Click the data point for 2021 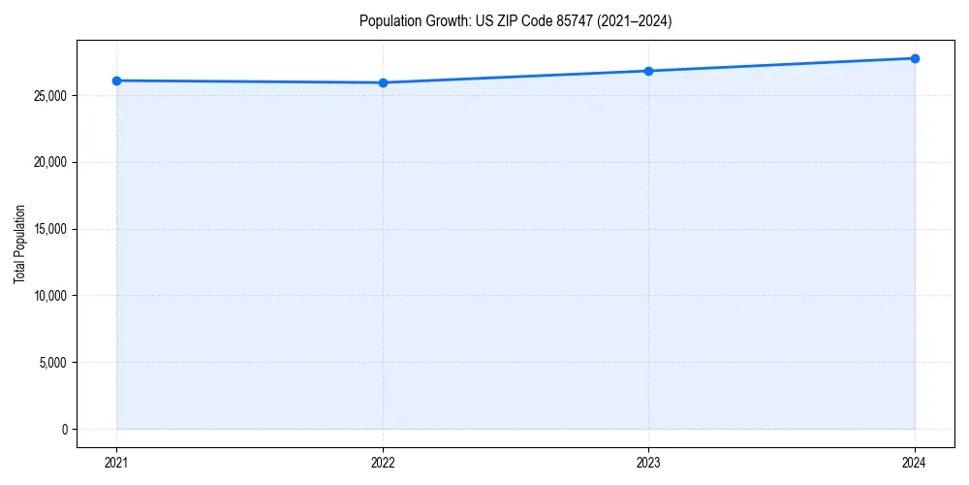(116, 81)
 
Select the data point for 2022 (383, 82)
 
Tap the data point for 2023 (648, 71)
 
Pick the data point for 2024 (915, 58)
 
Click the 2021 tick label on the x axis (116, 463)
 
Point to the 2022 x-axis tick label (383, 463)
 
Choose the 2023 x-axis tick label (648, 463)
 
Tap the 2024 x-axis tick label (915, 463)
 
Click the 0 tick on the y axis (65, 430)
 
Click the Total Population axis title (19, 244)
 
